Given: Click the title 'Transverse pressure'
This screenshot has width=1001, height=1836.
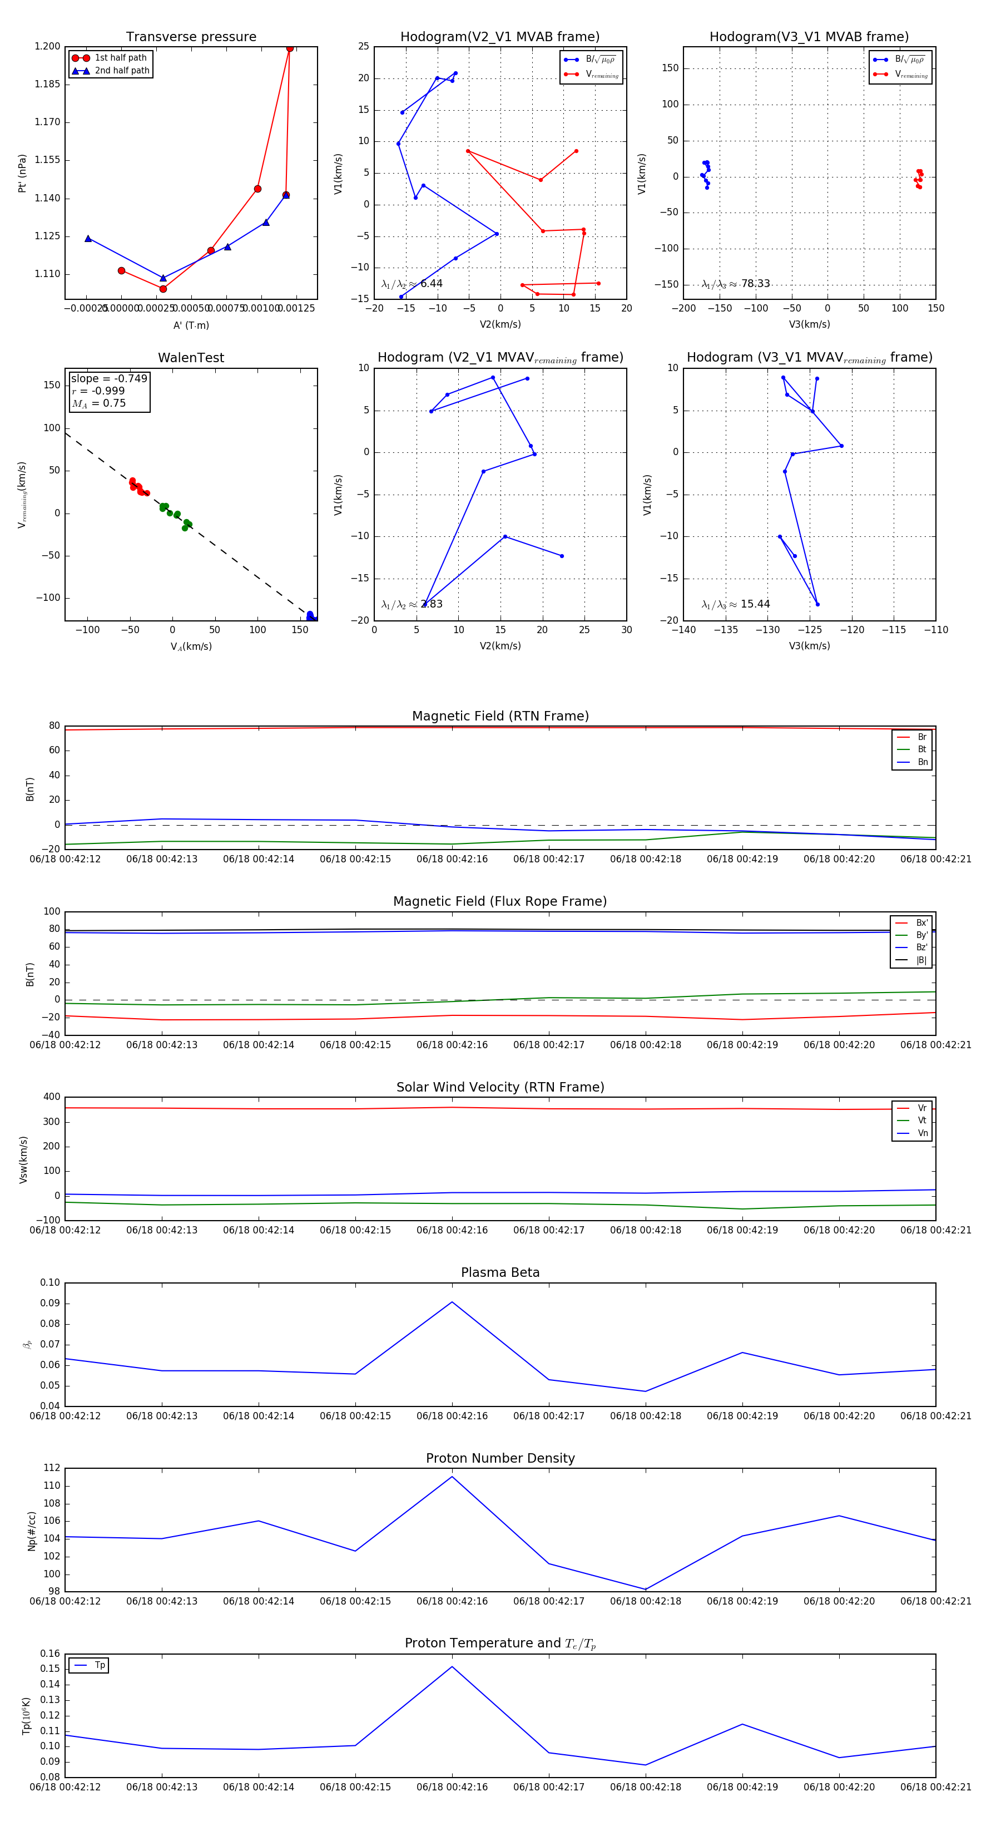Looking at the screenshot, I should (x=191, y=37).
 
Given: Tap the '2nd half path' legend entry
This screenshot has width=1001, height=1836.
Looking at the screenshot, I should (x=122, y=71).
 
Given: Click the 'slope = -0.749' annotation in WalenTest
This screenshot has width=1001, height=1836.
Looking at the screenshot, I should (x=109, y=378).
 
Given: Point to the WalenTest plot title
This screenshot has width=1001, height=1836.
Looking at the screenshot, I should (x=191, y=358).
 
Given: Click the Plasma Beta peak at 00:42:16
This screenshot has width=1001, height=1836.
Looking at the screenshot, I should (x=452, y=1302).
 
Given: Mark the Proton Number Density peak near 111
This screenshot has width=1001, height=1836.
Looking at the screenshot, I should (x=452, y=1477).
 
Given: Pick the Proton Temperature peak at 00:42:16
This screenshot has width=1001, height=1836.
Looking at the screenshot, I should (x=452, y=1666).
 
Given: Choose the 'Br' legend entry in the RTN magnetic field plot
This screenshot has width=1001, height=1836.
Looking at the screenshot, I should (x=921, y=737).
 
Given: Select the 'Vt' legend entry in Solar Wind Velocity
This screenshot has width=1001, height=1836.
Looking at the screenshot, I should (x=922, y=1121).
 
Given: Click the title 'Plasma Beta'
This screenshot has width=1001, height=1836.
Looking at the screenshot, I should (x=500, y=1272).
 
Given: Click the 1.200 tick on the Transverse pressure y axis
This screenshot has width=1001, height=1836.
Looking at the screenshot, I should (x=48, y=46).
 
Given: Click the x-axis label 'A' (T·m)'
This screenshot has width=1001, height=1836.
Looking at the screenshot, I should (x=191, y=325).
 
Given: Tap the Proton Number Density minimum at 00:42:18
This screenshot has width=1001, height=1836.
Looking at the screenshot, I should (x=646, y=1590).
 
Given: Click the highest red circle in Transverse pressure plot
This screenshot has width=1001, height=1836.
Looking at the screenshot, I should (x=289, y=48).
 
